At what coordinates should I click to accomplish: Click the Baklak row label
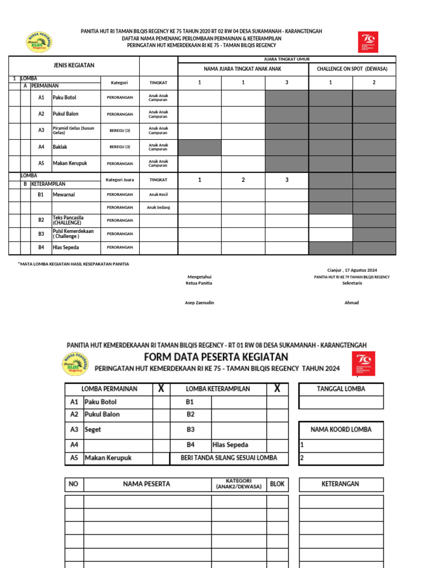60,147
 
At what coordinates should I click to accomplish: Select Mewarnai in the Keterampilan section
64,195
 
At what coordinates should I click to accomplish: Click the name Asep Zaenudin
199,302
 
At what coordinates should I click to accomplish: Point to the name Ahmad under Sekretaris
352,302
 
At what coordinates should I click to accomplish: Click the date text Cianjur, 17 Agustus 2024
352,270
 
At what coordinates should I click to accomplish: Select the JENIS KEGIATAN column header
74,65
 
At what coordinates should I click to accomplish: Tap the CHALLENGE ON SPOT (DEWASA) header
352,69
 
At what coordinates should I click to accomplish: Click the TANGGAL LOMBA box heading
341,389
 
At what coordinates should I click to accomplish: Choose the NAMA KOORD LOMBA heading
341,429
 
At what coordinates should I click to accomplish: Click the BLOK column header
277,484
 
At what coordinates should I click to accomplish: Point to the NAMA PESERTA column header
146,484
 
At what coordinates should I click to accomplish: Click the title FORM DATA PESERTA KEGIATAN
216,356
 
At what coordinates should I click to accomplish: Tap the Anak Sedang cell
158,207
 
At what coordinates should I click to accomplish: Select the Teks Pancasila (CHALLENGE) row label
68,220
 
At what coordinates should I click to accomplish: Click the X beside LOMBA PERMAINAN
161,389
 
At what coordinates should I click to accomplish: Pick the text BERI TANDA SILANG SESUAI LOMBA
229,458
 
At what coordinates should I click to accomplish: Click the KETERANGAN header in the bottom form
341,484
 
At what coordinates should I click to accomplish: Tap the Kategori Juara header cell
120,180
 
